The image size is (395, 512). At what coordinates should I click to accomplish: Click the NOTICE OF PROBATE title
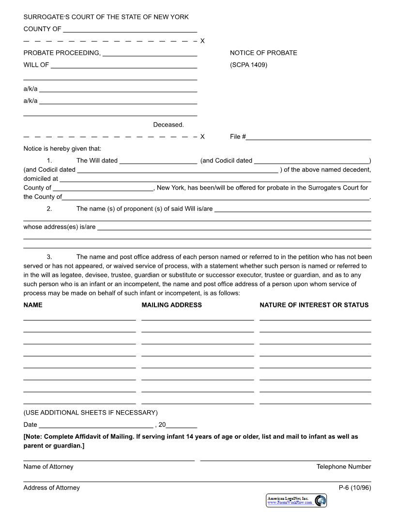pyautogui.click(x=263, y=53)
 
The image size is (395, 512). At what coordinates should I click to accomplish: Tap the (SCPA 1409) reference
pyautogui.click(x=248, y=65)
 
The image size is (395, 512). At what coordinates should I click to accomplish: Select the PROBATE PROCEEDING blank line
pyautogui.click(x=150, y=53)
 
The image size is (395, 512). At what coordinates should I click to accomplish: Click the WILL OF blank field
pyautogui.click(x=124, y=65)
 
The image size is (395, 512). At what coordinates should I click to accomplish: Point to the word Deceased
pyautogui.click(x=168, y=125)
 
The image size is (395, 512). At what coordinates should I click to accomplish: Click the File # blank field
pyautogui.click(x=308, y=137)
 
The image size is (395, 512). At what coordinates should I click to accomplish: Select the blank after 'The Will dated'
pyautogui.click(x=158, y=161)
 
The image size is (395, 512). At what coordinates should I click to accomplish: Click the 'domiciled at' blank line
pyautogui.click(x=215, y=179)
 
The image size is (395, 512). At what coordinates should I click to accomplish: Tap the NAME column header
pyautogui.click(x=33, y=305)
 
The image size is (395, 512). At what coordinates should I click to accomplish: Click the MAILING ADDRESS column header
pyautogui.click(x=171, y=305)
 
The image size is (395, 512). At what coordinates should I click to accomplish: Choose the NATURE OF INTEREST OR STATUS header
pyautogui.click(x=314, y=305)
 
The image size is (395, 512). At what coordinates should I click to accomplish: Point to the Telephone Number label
pyautogui.click(x=344, y=466)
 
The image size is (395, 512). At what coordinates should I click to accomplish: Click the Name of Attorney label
pyautogui.click(x=48, y=466)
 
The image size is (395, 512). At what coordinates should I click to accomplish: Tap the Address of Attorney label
pyautogui.click(x=51, y=488)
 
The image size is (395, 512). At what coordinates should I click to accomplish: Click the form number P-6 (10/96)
pyautogui.click(x=355, y=488)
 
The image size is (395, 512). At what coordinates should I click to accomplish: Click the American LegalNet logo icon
pyautogui.click(x=320, y=500)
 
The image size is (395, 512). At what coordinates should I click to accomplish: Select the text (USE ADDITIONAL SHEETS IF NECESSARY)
pyautogui.click(x=91, y=413)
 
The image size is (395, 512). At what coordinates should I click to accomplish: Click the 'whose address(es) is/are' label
pyautogui.click(x=60, y=227)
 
